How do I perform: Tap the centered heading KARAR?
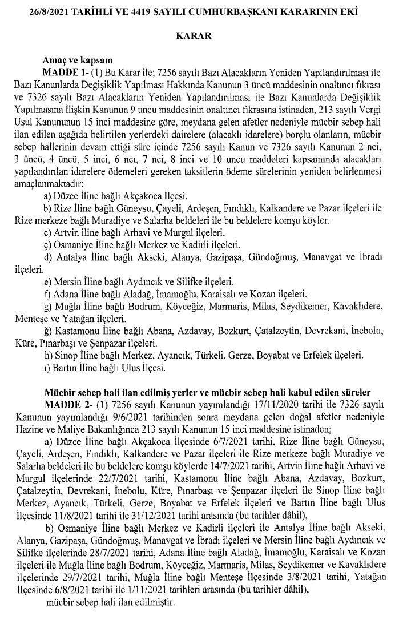click(x=200, y=35)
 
